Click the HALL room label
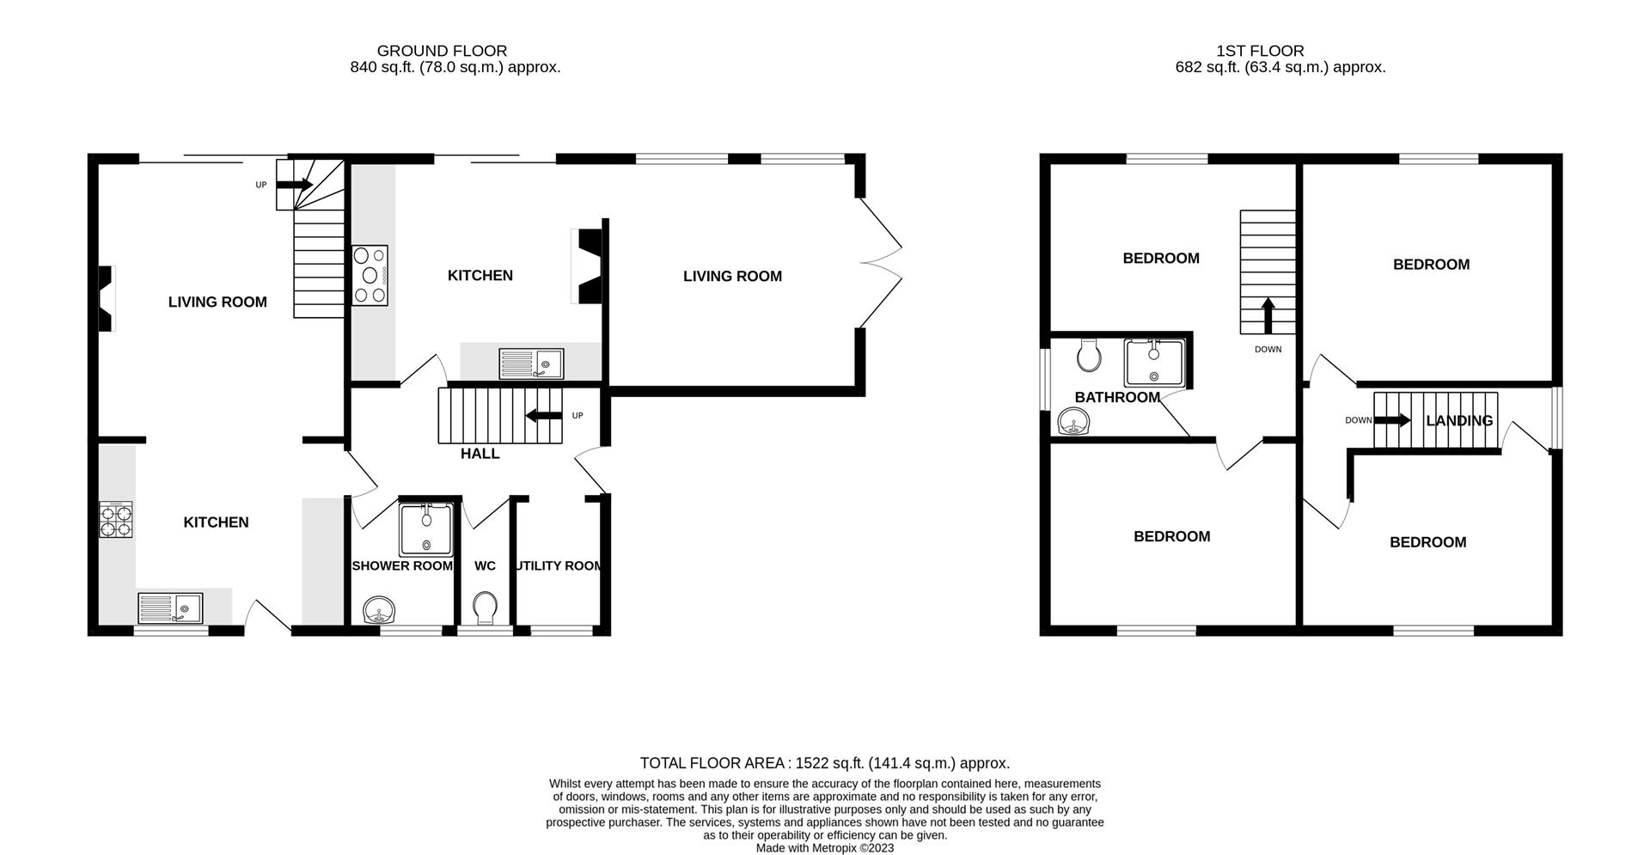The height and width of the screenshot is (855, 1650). point(480,454)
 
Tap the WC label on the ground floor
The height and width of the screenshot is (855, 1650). point(485,566)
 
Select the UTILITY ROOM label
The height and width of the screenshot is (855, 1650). point(559,566)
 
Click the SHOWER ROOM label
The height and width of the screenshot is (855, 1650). point(402,566)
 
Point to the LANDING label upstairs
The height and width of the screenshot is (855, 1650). point(1459,421)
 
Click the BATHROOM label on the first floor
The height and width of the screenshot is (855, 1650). point(1117,398)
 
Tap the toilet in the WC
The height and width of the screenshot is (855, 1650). point(486,608)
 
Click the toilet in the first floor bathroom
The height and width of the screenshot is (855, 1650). point(1089,354)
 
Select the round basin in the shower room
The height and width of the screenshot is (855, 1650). point(379,610)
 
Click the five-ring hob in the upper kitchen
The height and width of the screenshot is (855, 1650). point(370,275)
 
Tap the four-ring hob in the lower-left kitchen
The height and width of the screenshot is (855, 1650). point(116,519)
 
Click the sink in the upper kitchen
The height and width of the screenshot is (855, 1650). point(531,363)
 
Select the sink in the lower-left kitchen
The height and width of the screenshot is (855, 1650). point(170,608)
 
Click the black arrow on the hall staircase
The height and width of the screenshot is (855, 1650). point(544,416)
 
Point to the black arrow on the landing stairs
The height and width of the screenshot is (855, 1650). point(1392,420)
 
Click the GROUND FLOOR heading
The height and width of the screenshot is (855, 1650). point(442,51)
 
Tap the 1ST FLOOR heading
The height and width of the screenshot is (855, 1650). point(1260,51)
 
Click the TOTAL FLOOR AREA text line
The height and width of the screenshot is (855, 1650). point(825,763)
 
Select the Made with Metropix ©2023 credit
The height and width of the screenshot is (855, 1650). point(825,848)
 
